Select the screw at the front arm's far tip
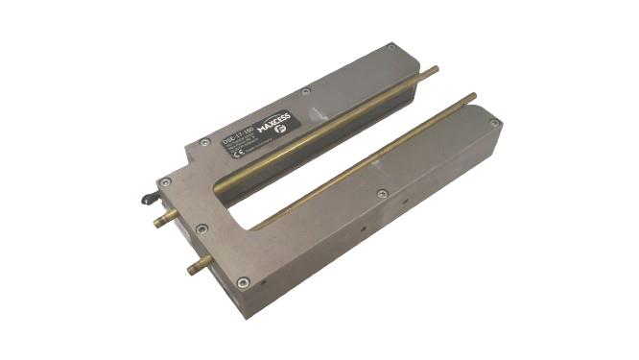[x=494, y=123]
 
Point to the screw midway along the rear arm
[x=305, y=92]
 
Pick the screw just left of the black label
[x=204, y=143]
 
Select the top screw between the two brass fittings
[x=201, y=228]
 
